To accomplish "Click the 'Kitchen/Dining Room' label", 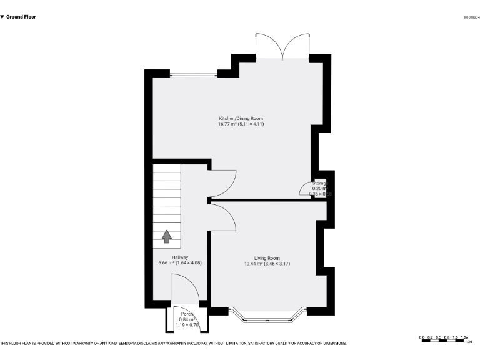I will coord(241,118).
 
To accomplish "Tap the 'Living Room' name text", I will coord(267,258).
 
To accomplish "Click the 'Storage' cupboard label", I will coord(319,182).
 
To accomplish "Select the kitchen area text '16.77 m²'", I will coord(229,124).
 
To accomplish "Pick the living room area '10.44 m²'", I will coord(255,264).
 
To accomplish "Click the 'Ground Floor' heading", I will coord(21,17).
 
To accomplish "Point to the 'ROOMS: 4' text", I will coord(471,17).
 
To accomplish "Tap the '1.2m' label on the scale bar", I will coord(465,337).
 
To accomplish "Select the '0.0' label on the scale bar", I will coord(422,337).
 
